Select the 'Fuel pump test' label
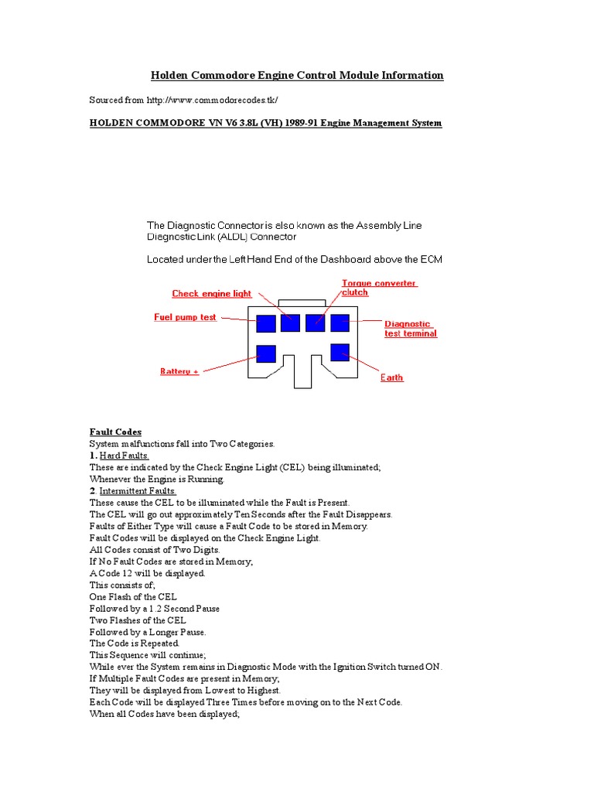click(x=186, y=318)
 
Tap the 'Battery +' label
click(x=179, y=371)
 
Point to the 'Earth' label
click(x=391, y=377)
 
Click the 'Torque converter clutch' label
click(x=379, y=288)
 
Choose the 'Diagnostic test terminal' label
click(x=410, y=329)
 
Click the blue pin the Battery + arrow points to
click(x=265, y=353)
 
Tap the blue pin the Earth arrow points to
click(x=340, y=353)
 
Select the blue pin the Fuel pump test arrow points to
click(x=265, y=323)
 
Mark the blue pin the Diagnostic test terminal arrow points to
click(x=340, y=323)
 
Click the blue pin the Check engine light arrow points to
click(x=290, y=323)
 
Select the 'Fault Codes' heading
click(x=115, y=432)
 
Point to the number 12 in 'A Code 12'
click(x=126, y=573)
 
